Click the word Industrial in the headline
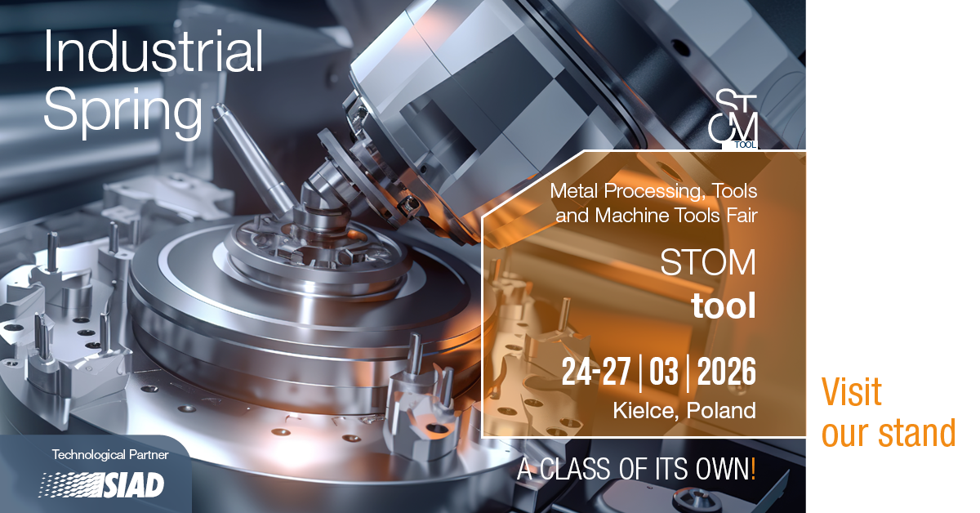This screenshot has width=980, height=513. [154, 51]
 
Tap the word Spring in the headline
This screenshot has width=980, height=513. [123, 112]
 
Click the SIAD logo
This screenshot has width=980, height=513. [101, 484]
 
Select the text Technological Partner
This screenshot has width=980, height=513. [110, 455]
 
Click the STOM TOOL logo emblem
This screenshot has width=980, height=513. [733, 119]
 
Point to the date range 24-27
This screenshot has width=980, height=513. [596, 372]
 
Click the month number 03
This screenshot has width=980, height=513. [663, 372]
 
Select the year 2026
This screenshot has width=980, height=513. [726, 372]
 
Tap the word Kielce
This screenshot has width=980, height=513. [645, 411]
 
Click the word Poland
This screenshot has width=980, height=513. [721, 410]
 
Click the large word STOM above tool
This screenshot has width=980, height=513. [708, 262]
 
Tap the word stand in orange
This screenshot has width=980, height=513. [917, 432]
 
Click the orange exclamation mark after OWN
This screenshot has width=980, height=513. [753, 468]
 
